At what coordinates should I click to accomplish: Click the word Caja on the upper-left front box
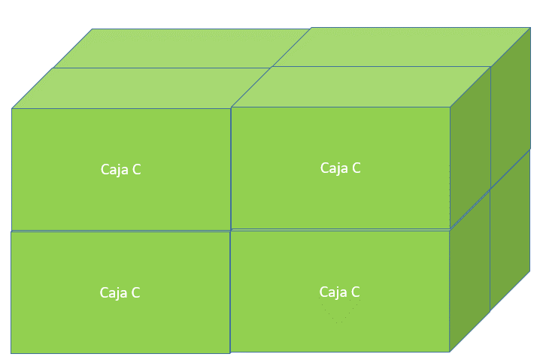(x=114, y=170)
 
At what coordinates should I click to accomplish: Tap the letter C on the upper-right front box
(x=356, y=168)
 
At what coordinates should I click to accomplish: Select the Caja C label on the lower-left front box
(x=120, y=293)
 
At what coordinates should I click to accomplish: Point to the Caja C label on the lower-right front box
(x=339, y=292)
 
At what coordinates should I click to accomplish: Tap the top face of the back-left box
(x=181, y=48)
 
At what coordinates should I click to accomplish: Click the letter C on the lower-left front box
(x=135, y=293)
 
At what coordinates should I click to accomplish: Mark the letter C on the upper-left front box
(x=136, y=170)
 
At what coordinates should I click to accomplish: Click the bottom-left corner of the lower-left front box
(x=11, y=352)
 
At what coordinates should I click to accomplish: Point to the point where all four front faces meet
(x=230, y=230)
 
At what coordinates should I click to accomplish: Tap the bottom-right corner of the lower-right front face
(x=450, y=351)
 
